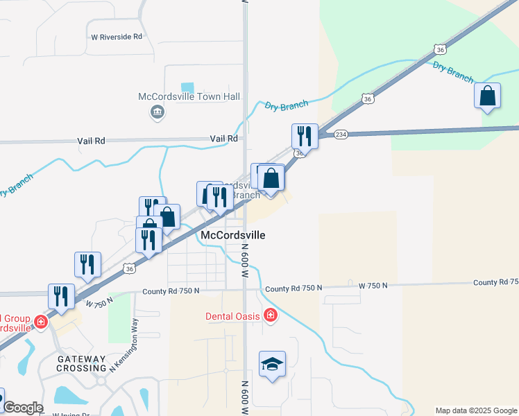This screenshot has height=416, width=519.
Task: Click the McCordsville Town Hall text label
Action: [x=179, y=96]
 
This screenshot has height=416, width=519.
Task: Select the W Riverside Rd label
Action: [x=117, y=36]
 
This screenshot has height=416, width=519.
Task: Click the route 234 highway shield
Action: [x=340, y=135]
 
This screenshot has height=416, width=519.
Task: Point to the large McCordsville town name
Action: [x=232, y=235]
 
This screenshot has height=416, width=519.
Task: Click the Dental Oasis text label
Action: [x=232, y=316]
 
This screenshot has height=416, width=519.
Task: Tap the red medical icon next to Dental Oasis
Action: [x=270, y=317]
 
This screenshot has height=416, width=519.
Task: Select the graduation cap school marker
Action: [x=272, y=364]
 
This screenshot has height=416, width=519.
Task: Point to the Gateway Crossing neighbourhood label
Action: [x=82, y=363]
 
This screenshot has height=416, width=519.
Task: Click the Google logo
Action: [x=23, y=408]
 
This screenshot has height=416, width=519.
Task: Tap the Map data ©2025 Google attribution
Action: [x=476, y=410]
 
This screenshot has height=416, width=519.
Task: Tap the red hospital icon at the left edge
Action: [x=41, y=322]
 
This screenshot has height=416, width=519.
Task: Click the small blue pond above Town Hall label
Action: [x=187, y=87]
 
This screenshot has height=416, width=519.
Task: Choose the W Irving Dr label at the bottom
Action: [x=71, y=414]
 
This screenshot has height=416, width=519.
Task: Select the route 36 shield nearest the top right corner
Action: [x=439, y=49]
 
